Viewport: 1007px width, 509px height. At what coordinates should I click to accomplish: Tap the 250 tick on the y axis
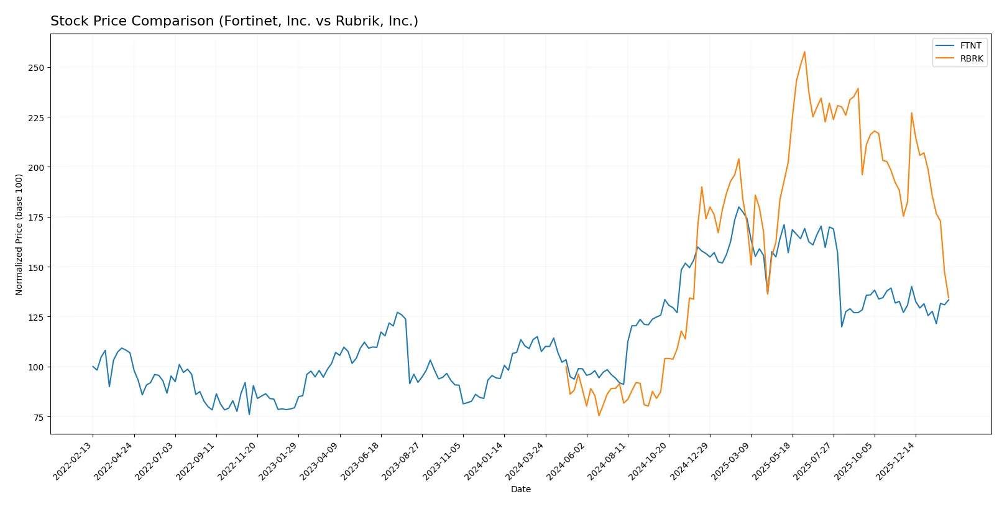36,67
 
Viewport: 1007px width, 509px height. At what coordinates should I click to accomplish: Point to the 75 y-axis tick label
39,417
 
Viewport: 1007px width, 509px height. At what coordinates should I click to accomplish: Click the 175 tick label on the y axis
36,218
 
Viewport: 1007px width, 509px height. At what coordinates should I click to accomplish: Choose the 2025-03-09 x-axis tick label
732,461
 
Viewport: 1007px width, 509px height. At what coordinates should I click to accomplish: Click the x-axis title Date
521,489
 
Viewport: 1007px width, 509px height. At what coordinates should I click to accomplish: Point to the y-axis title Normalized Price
19,234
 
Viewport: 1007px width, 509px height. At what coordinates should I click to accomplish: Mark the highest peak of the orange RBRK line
804,52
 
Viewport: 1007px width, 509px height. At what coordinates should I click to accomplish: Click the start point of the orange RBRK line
566,366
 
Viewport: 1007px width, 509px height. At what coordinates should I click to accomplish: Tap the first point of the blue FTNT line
93,367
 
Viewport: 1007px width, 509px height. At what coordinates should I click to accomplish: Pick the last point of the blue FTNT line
949,300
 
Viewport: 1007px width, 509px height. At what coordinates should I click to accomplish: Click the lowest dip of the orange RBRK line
599,416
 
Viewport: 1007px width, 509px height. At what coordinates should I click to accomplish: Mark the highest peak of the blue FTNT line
738,207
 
